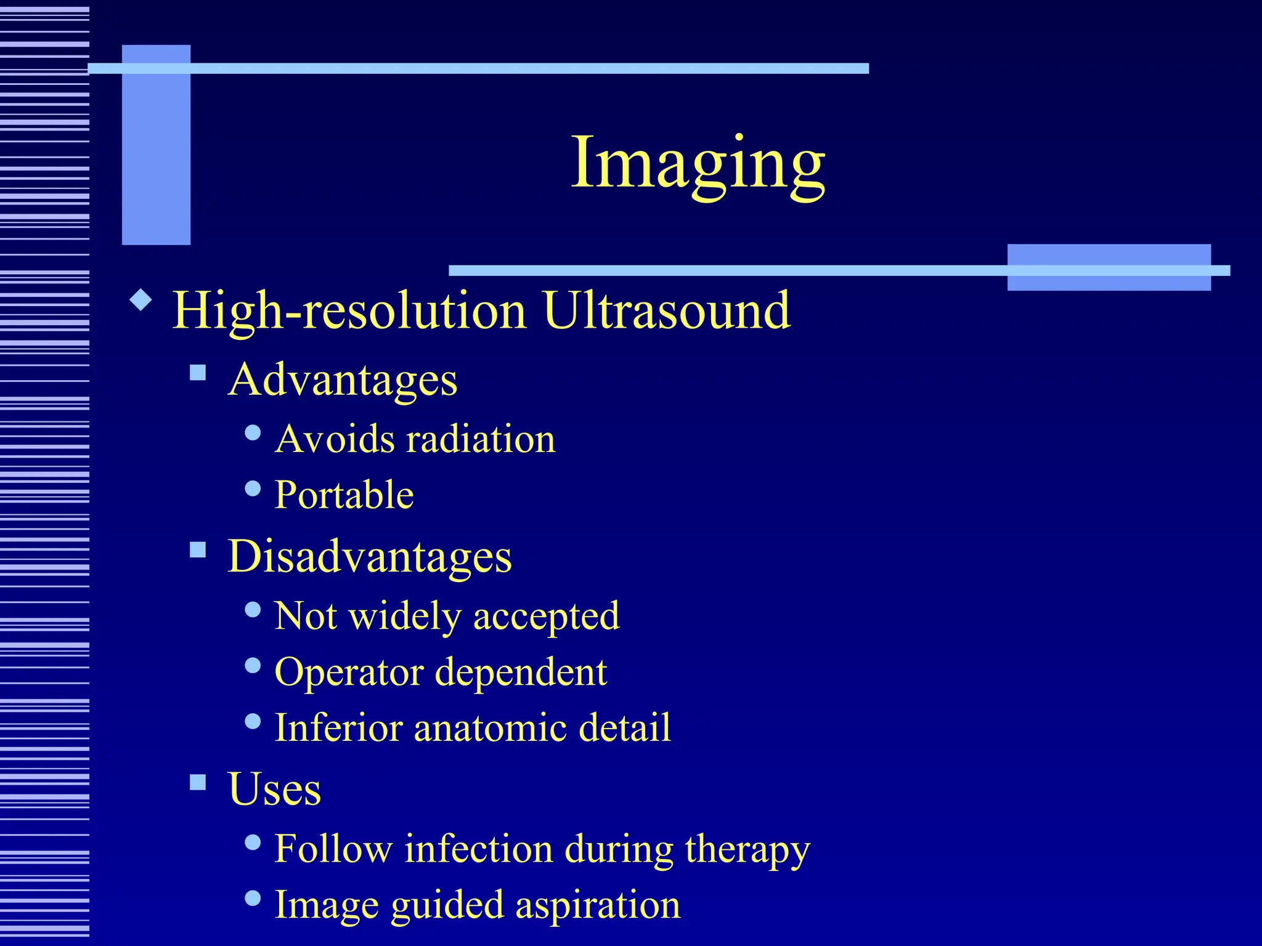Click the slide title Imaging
pos(698,163)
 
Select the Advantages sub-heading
pos(343,379)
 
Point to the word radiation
pos(481,439)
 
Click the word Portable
pos(344,495)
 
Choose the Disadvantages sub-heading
pos(369,556)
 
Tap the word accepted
pos(546,616)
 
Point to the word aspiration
pos(597,905)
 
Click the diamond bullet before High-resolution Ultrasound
pos(141,301)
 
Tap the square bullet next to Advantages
pos(198,373)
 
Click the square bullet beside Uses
pos(198,782)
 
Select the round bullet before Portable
pos(253,488)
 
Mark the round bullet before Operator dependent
pos(253,665)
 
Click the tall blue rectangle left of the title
pos(156,145)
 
